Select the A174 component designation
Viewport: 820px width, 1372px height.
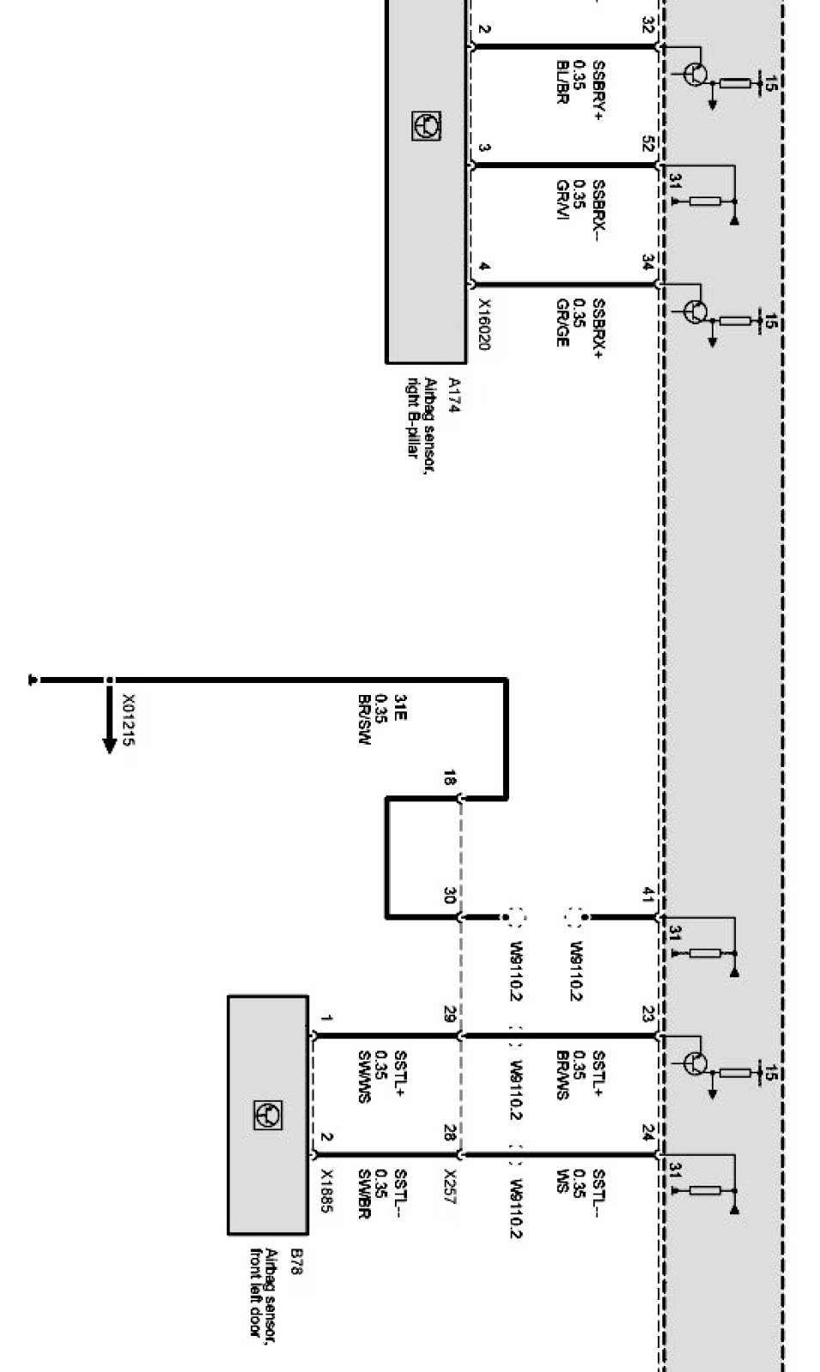click(x=453, y=396)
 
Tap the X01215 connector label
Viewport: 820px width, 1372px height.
click(x=127, y=719)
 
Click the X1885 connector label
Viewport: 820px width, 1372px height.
click(x=326, y=1190)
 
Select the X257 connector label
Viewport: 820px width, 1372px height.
click(x=450, y=1185)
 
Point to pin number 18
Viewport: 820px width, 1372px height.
click(x=449, y=779)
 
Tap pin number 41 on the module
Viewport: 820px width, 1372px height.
click(x=647, y=896)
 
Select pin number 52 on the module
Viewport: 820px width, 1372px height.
click(x=647, y=144)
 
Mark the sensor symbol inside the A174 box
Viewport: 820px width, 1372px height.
click(x=426, y=126)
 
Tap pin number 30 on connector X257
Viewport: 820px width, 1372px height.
click(x=449, y=896)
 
